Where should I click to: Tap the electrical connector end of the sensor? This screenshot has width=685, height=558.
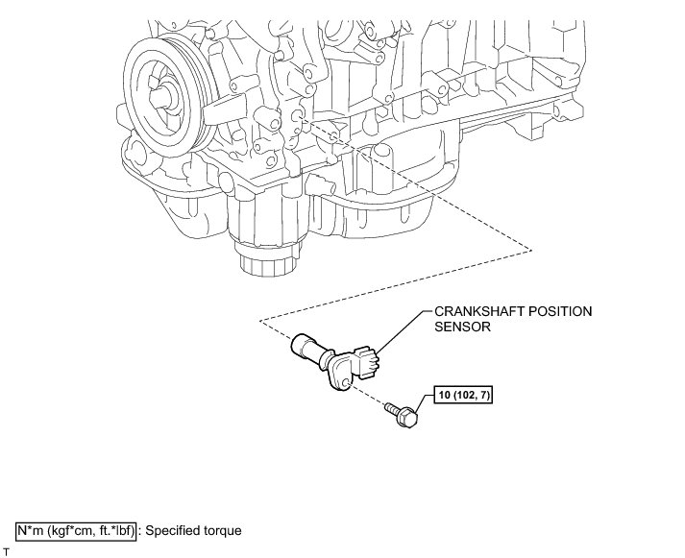point(366,361)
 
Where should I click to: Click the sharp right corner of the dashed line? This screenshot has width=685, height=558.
point(531,249)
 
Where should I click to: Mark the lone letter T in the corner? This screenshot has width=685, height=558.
point(6,552)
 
